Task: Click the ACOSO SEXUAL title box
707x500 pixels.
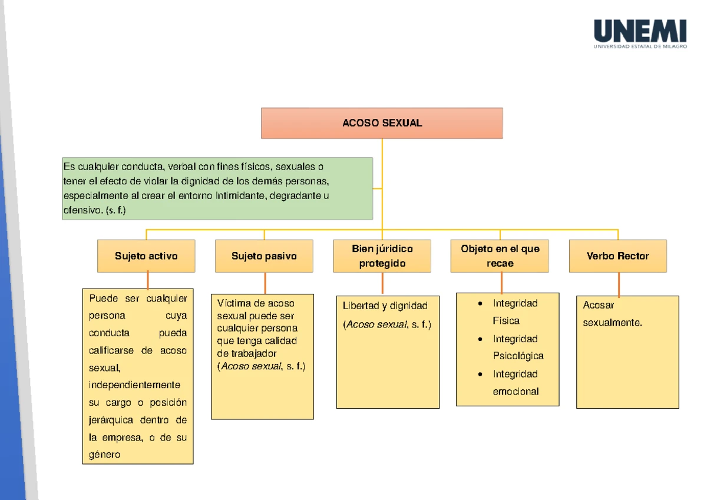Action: pos(382,123)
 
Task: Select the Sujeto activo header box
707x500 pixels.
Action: pos(146,256)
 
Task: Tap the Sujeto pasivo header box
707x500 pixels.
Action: pos(264,256)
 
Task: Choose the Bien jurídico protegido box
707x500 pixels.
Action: pos(382,256)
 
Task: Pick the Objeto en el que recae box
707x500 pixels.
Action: pos(500,256)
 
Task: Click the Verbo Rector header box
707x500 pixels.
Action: pos(617,256)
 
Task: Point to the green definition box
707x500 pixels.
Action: pos(217,188)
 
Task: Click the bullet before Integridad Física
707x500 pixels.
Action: pos(481,304)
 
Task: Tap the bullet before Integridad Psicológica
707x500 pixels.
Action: pos(481,339)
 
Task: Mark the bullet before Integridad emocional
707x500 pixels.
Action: pos(481,375)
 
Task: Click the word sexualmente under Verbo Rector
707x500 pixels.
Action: pos(612,323)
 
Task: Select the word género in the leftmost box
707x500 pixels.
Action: pos(104,455)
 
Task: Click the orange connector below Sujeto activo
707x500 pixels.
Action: pos(147,280)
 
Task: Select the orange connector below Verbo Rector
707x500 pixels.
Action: pos(619,284)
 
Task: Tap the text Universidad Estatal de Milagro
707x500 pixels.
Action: pos(640,47)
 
